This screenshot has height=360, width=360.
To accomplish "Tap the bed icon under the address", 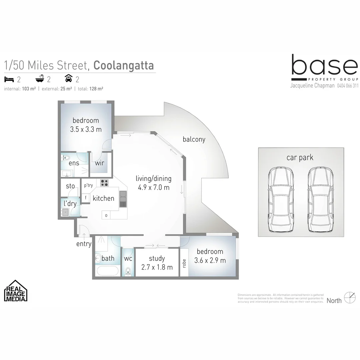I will [x=8, y=79].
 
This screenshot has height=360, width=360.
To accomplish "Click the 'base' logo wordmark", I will [x=324, y=66].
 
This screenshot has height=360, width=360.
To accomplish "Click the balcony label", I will [x=194, y=139].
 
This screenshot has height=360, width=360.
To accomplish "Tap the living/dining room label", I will [x=154, y=179].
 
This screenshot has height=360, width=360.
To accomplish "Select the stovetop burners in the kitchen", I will [x=104, y=183].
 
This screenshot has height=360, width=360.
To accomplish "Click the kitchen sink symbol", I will [x=123, y=199].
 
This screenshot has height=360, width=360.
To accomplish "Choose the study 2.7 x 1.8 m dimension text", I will [x=156, y=267].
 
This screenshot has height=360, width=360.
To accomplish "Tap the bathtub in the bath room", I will [x=107, y=271].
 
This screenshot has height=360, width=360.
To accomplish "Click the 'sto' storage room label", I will [x=70, y=186].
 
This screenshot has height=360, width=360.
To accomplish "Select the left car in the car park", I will [x=281, y=200].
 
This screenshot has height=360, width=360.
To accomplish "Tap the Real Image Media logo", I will [x=16, y=291].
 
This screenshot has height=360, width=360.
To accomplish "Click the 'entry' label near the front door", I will [x=84, y=244].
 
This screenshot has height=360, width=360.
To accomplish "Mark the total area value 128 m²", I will [x=97, y=89].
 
